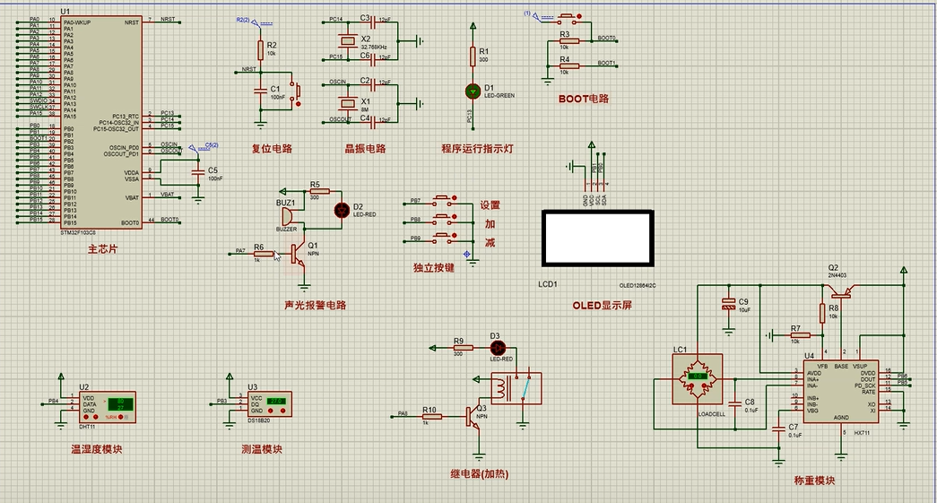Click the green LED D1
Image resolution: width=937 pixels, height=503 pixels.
473,91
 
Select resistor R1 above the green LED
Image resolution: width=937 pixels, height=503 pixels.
473,56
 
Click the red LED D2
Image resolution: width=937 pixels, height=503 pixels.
342,210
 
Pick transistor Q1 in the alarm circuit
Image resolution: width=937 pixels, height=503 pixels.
302,254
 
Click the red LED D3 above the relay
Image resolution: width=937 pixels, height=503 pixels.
500,347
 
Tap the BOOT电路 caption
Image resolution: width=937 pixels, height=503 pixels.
583,99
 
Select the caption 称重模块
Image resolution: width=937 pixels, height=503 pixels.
813,481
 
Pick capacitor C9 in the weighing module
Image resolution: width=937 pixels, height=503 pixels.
727,306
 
